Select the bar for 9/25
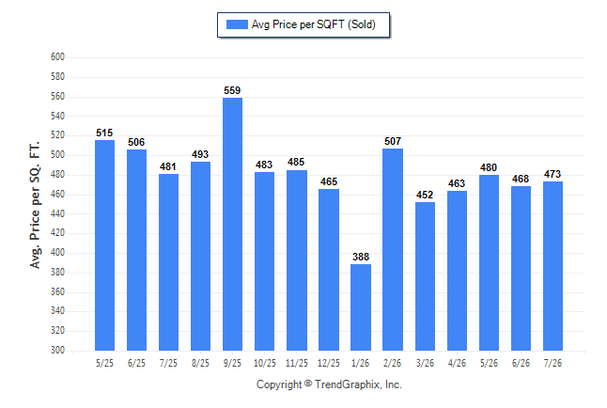tap(232, 224)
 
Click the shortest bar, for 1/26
tap(361, 307)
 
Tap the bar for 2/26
tap(393, 249)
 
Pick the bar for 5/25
tap(104, 245)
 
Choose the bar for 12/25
tap(329, 270)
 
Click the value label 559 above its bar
tap(232, 90)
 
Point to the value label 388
tap(361, 257)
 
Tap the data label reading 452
tap(425, 195)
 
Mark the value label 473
tap(553, 174)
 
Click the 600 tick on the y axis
tap(57, 57)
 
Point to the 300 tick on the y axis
tap(57, 350)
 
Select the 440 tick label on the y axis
tap(57, 213)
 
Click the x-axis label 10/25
tap(265, 363)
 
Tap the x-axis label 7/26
tap(553, 363)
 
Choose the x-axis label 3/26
tap(425, 363)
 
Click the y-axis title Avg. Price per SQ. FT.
tap(35, 205)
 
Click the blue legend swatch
tap(237, 24)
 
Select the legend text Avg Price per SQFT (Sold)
tap(314, 24)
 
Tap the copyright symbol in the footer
tap(308, 384)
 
